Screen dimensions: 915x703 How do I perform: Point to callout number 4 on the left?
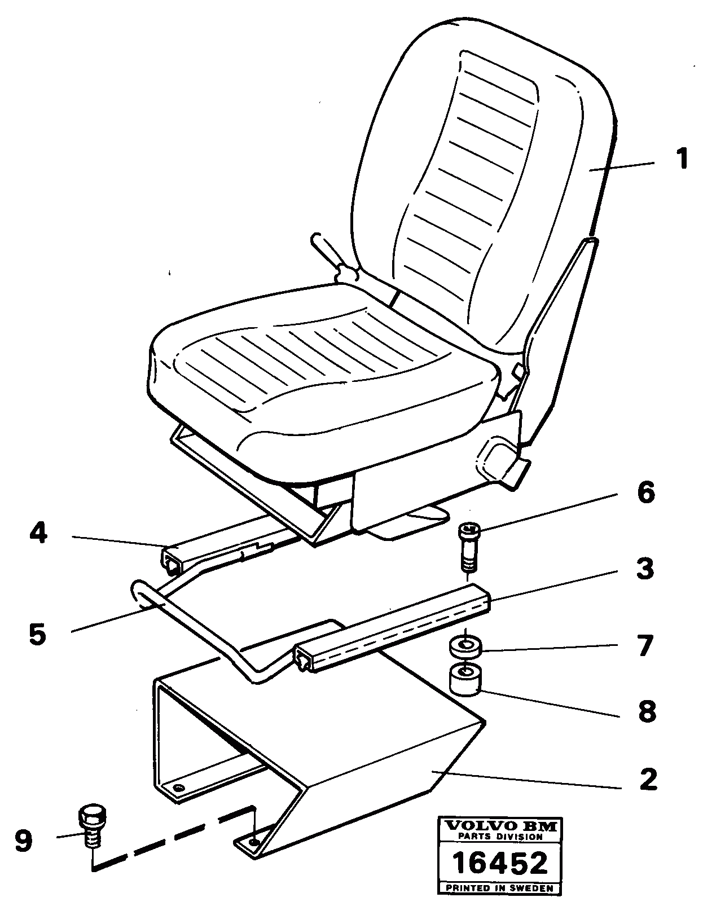(38, 533)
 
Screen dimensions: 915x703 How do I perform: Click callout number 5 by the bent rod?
(37, 634)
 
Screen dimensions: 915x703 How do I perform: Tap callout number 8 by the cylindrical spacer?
(647, 711)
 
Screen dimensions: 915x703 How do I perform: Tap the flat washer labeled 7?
(465, 646)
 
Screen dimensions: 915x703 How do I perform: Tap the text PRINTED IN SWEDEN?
(501, 888)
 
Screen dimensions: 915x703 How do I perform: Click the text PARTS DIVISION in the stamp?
(501, 837)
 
